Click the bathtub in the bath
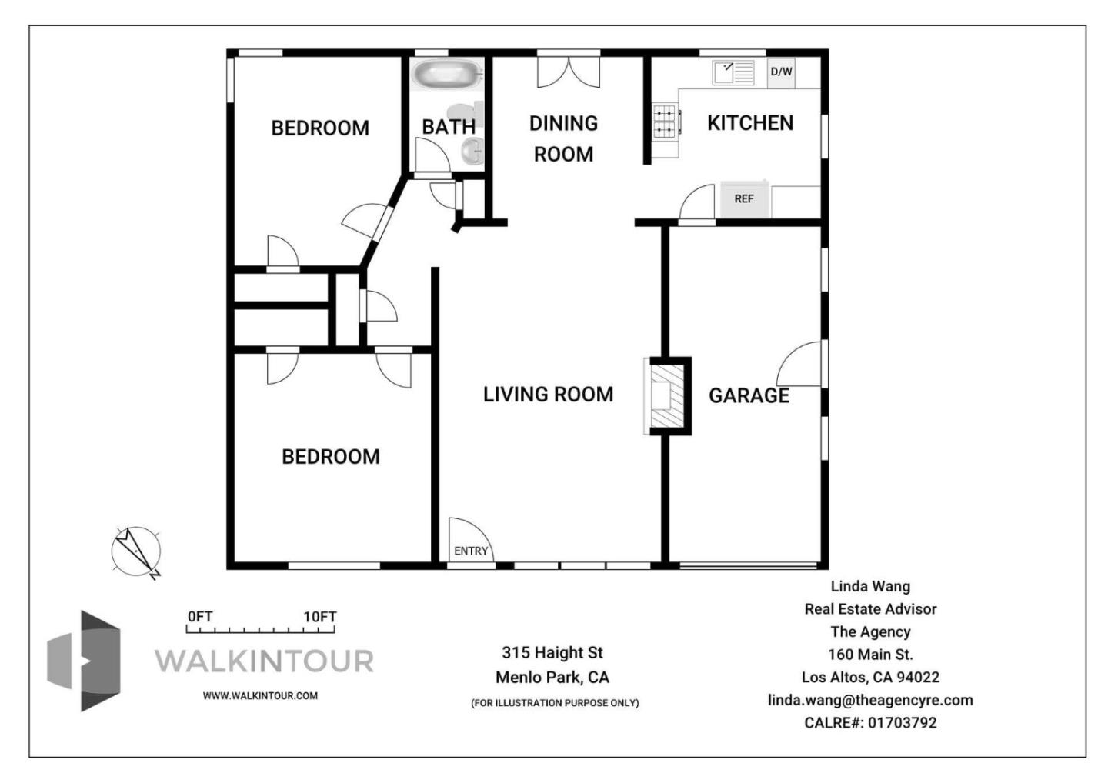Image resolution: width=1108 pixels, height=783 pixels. click(x=446, y=75)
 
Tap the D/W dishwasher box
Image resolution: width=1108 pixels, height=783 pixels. click(x=781, y=72)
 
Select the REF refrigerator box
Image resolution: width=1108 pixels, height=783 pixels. click(x=744, y=199)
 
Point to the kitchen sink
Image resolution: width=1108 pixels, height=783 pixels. click(x=733, y=73)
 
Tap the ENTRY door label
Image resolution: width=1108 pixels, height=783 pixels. click(x=470, y=551)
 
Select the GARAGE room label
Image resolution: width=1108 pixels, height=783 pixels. click(x=749, y=395)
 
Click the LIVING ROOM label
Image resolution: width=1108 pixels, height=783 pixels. click(x=548, y=395)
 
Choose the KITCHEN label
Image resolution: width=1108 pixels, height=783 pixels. click(x=749, y=123)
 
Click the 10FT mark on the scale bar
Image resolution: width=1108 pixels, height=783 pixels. click(x=320, y=617)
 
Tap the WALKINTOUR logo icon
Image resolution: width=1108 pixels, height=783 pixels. click(x=85, y=661)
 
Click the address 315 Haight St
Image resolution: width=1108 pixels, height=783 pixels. click(x=552, y=653)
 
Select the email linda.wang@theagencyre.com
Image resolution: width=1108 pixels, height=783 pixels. click(x=870, y=700)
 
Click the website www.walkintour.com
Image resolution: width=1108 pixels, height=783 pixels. click(x=260, y=695)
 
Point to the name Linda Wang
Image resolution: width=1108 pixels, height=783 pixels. click(x=870, y=586)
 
